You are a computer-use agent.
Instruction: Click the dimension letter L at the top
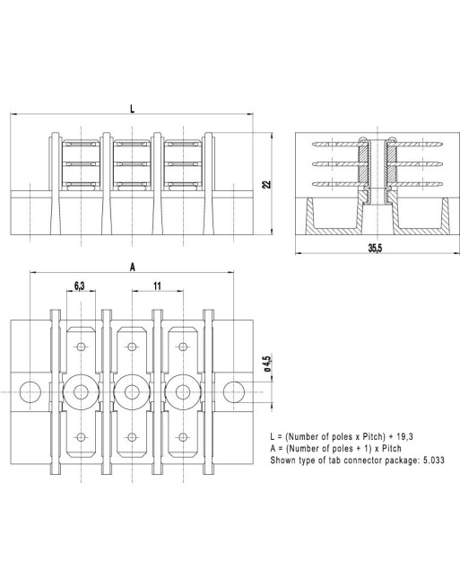132,108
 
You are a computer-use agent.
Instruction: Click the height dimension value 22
266,183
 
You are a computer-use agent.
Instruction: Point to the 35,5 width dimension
375,249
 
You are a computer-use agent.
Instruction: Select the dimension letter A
133,267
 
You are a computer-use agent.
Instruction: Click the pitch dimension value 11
157,285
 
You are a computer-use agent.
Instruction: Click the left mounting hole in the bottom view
30,391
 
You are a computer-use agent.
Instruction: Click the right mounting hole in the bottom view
235,391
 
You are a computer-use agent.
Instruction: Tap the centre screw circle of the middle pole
133,391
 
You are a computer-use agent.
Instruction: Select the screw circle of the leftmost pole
81,391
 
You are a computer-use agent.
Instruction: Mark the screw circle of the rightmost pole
184,391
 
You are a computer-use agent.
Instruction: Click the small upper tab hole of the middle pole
133,347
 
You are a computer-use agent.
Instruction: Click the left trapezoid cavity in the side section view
333,219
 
